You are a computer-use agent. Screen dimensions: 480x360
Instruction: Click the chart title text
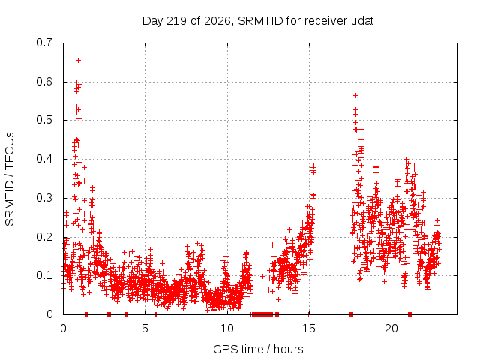point(258,21)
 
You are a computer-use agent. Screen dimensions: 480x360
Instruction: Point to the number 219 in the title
point(177,21)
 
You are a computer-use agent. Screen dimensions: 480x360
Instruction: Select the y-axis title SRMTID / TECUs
point(10,179)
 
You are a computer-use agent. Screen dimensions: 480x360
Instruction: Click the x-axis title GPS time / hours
point(258,349)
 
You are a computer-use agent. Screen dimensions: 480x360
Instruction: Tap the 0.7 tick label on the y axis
point(44,43)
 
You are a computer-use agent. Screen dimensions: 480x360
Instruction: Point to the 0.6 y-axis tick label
point(44,82)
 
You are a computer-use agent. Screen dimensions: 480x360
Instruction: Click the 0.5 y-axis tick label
point(44,120)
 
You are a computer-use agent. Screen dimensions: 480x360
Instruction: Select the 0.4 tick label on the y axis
point(44,159)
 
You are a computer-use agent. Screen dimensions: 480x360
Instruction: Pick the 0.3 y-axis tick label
point(44,198)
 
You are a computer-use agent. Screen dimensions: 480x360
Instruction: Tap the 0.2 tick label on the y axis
point(44,237)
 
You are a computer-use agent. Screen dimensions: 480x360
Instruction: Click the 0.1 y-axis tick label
point(44,275)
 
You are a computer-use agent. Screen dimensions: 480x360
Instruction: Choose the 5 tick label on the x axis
point(145,328)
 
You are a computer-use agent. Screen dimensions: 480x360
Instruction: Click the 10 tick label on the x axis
point(227,328)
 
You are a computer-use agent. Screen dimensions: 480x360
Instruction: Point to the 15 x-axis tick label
point(309,328)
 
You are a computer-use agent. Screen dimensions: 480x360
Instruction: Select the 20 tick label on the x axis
point(391,328)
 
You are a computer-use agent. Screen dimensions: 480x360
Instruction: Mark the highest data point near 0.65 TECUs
point(78,60)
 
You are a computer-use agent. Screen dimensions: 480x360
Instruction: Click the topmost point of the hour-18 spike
point(355,95)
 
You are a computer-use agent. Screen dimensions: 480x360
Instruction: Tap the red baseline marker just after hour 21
point(410,314)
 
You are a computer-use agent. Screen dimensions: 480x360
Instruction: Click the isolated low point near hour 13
point(278,299)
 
